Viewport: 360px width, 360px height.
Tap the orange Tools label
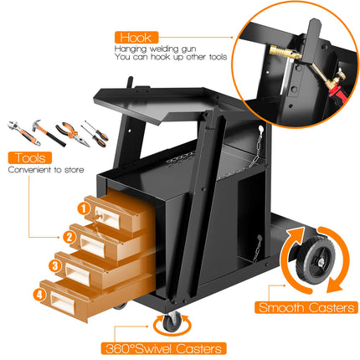(28, 157)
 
